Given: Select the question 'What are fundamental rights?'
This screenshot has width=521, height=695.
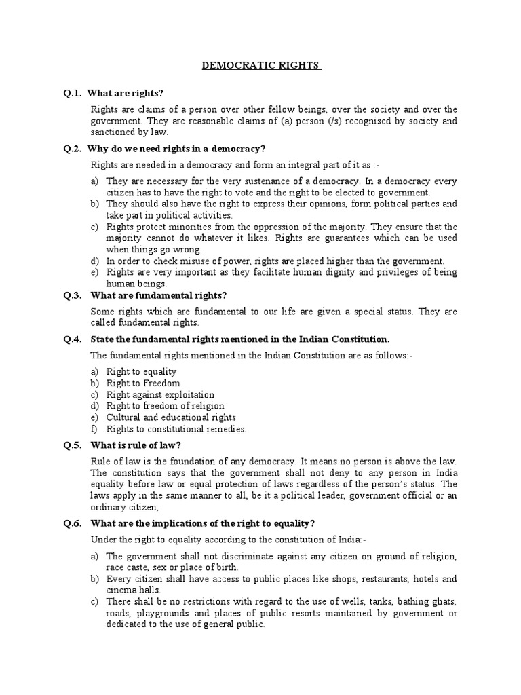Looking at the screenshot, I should point(157,295).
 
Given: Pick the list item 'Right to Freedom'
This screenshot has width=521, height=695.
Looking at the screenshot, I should point(143,383).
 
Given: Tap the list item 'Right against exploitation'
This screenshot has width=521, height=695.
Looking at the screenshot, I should point(160,394).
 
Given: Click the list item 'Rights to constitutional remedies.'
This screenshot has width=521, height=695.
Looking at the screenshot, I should point(176,429).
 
